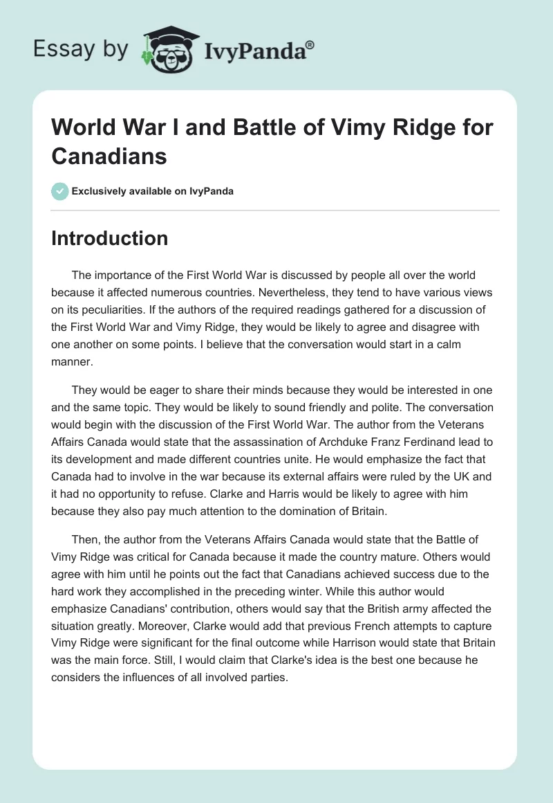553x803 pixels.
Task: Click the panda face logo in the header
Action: pyautogui.click(x=170, y=51)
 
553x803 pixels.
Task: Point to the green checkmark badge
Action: pyautogui.click(x=60, y=191)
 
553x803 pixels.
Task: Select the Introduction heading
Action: pyautogui.click(x=110, y=238)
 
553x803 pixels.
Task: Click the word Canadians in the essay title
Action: pyautogui.click(x=109, y=156)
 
